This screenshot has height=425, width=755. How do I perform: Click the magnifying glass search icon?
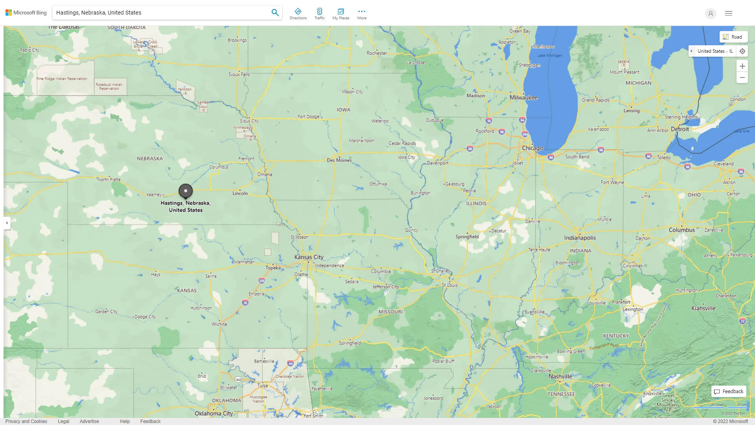pyautogui.click(x=275, y=13)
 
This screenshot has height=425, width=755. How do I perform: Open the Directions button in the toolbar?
pyautogui.click(x=298, y=14)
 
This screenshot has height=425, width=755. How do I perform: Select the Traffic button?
pyautogui.click(x=319, y=14)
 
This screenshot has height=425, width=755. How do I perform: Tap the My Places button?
pyautogui.click(x=341, y=14)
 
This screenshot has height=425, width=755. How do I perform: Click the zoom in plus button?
pyautogui.click(x=742, y=66)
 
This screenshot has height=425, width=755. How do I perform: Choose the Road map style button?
pyautogui.click(x=733, y=37)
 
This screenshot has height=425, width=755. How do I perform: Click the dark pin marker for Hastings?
pyautogui.click(x=186, y=191)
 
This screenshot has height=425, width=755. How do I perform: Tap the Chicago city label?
pyautogui.click(x=532, y=148)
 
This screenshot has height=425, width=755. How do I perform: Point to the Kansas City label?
pyautogui.click(x=309, y=257)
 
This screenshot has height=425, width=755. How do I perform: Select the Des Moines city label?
pyautogui.click(x=339, y=160)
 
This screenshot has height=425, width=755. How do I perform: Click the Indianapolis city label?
pyautogui.click(x=580, y=238)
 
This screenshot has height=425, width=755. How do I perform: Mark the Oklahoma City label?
pyautogui.click(x=214, y=414)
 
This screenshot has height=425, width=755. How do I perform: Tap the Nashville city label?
pyautogui.click(x=560, y=376)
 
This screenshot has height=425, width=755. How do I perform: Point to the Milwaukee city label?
pyautogui.click(x=523, y=98)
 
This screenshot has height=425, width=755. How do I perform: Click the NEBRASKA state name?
pyautogui.click(x=149, y=159)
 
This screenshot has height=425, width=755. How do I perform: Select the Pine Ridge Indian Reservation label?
pyautogui.click(x=62, y=79)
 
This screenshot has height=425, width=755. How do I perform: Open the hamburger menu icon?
pyautogui.click(x=728, y=13)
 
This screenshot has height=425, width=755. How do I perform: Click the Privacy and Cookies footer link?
pyautogui.click(x=26, y=421)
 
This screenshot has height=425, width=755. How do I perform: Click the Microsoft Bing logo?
pyautogui.click(x=26, y=13)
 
